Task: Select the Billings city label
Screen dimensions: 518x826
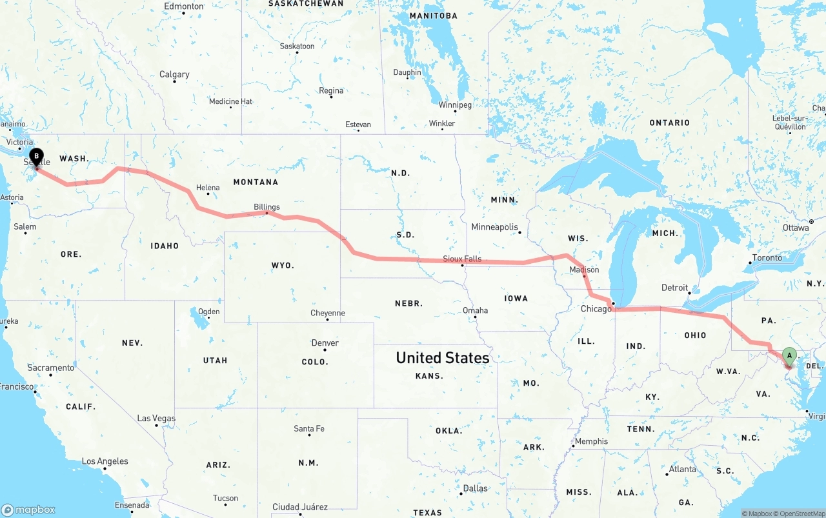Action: (267, 207)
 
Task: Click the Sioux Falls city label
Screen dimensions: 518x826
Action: (462, 259)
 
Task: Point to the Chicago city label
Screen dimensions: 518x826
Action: (596, 309)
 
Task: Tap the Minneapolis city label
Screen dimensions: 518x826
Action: (494, 227)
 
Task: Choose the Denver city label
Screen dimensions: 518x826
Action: (325, 343)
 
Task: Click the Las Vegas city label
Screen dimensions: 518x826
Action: (156, 419)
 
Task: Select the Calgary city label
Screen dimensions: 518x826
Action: (174, 75)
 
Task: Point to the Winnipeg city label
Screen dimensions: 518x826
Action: (455, 105)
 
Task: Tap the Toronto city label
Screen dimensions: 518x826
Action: (767, 257)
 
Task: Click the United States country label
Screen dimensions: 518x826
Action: (442, 357)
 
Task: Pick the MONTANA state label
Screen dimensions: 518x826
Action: (256, 183)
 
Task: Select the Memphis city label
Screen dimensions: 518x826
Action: (591, 441)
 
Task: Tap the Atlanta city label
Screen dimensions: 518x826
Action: (682, 469)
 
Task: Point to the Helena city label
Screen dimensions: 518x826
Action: (208, 188)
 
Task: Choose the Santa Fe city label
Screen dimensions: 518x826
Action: (309, 429)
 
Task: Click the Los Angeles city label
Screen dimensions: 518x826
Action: (105, 461)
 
